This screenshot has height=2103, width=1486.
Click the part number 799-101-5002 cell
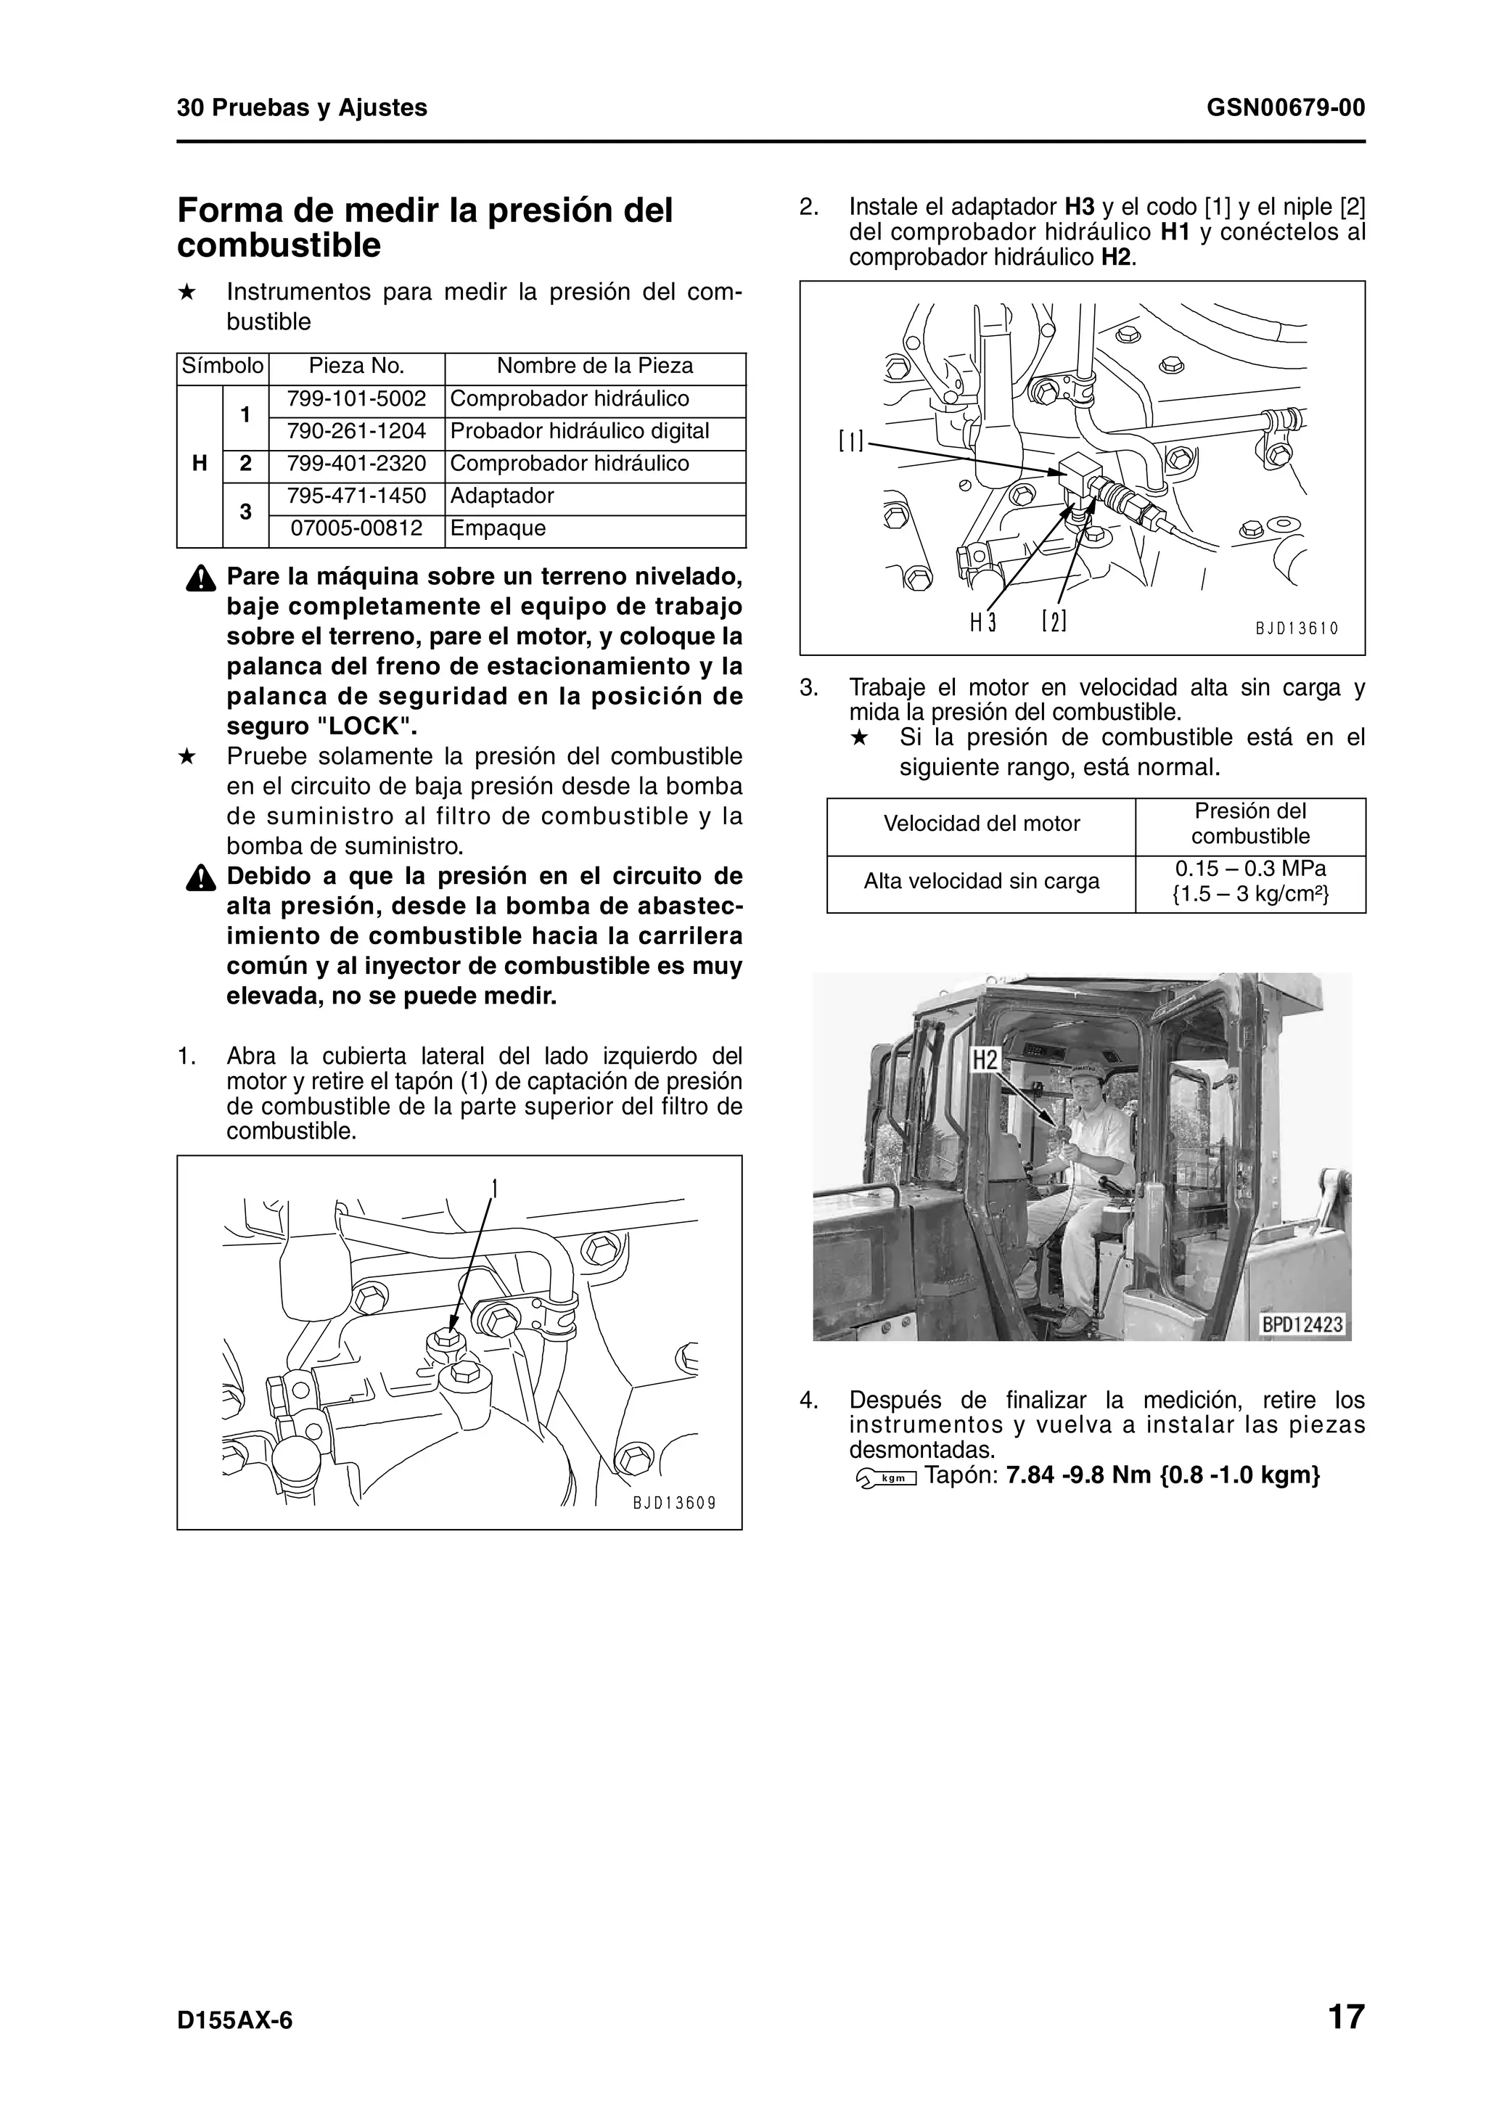click(x=356, y=399)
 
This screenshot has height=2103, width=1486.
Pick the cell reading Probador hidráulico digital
click(x=580, y=431)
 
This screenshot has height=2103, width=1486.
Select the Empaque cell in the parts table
click(x=498, y=528)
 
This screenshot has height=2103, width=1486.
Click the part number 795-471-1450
click(x=356, y=496)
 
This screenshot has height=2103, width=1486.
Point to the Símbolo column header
click(x=223, y=366)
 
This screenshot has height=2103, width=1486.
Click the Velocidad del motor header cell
click(x=982, y=824)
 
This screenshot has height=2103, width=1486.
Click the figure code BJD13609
click(x=673, y=1503)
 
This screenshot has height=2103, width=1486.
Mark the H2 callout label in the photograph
click(x=985, y=1061)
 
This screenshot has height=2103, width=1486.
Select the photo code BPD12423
click(x=1301, y=1325)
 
